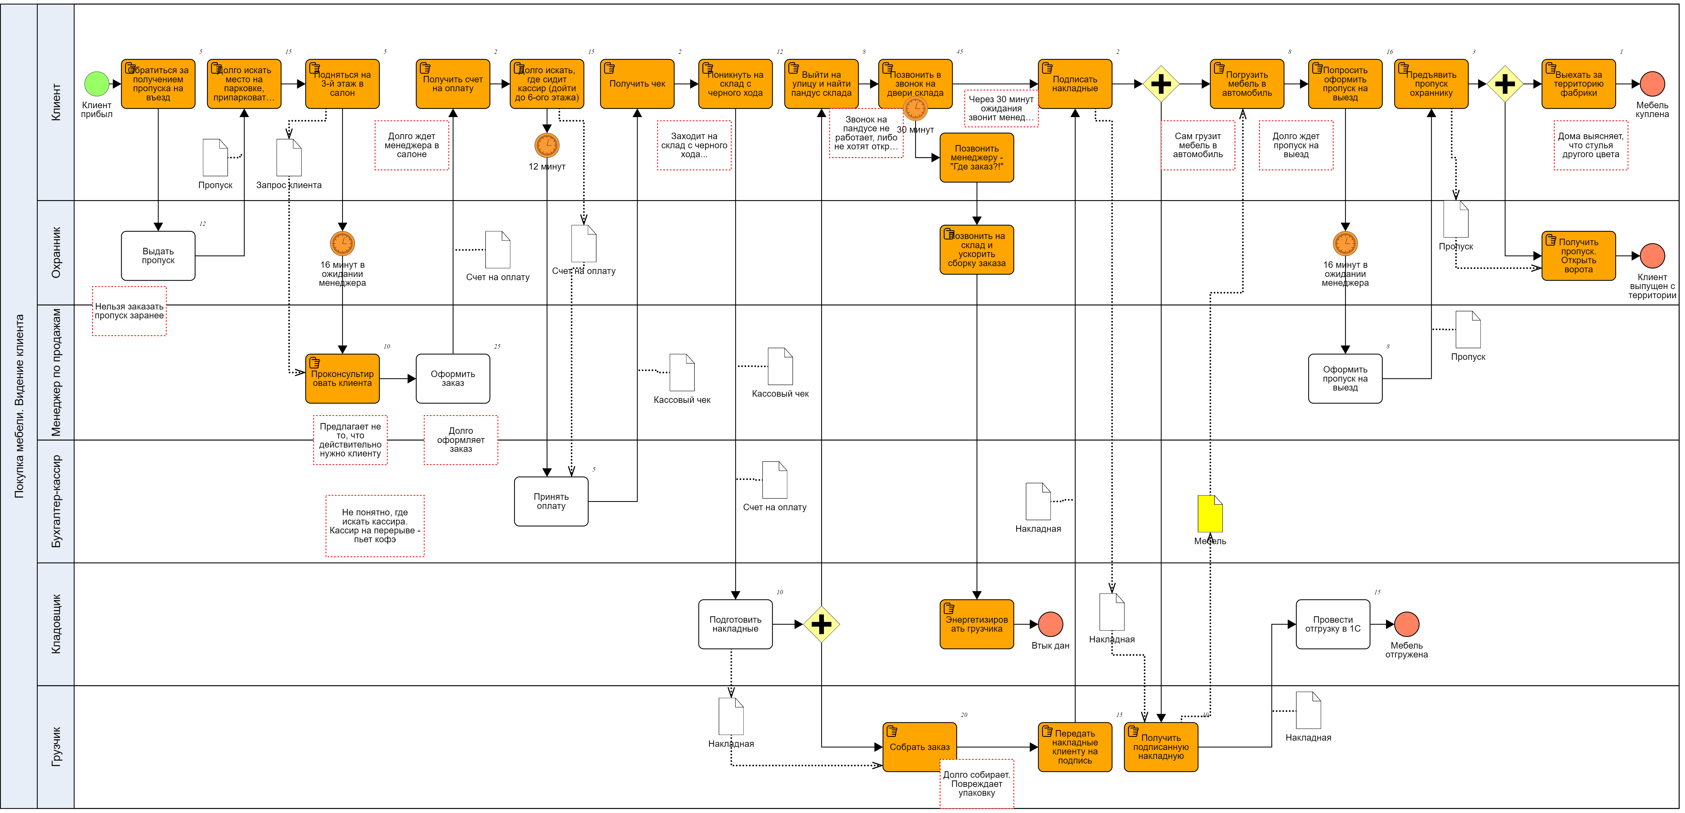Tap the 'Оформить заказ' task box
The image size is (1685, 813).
point(453,379)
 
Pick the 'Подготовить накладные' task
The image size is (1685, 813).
point(735,624)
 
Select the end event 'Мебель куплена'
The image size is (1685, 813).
point(1652,84)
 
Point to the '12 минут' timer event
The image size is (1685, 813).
point(547,145)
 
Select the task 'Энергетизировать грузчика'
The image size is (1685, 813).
point(977,624)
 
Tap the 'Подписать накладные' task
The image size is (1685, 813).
point(1075,84)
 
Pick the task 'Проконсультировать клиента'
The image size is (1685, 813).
point(342,379)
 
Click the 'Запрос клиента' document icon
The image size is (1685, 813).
point(289,158)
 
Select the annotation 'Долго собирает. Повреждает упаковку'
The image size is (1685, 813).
point(977,784)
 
